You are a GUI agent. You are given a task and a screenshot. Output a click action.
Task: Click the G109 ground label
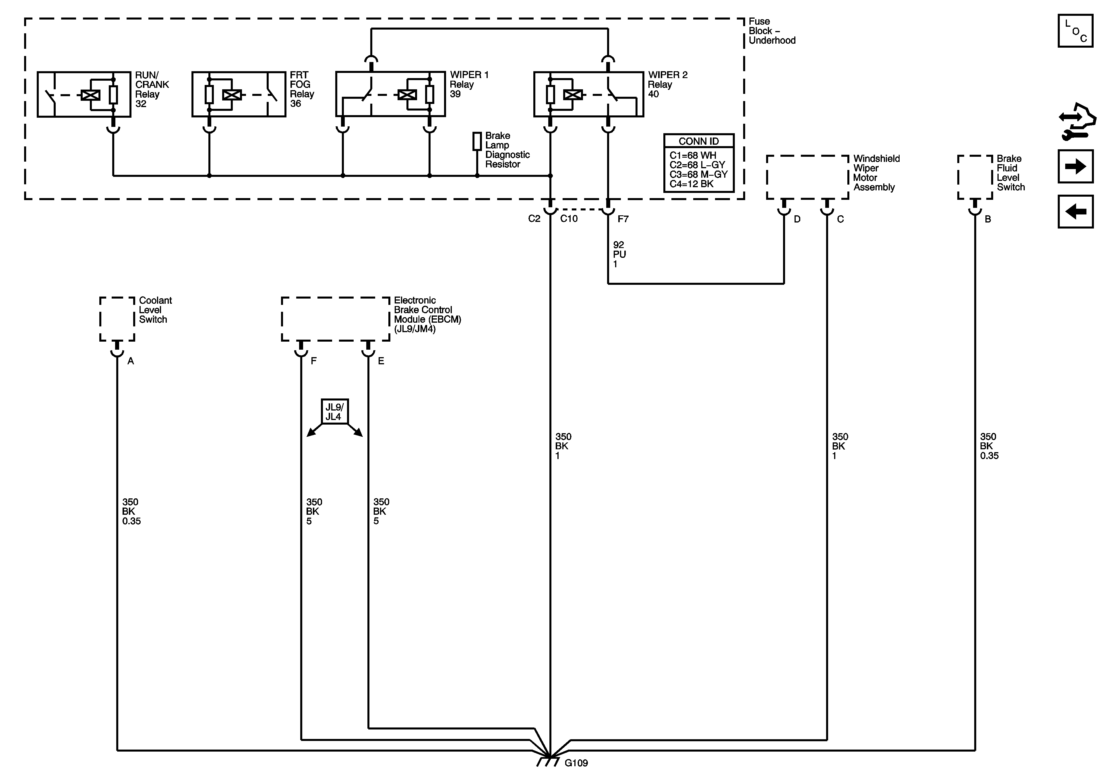[576, 763]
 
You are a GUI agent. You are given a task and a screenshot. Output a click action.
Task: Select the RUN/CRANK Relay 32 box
[84, 94]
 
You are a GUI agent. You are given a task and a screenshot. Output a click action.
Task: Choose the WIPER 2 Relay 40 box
[588, 94]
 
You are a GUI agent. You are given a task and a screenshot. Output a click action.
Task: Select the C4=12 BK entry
[691, 184]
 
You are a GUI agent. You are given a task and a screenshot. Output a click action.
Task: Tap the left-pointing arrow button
[1075, 211]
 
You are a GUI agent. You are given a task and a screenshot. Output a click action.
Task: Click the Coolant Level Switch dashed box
[117, 319]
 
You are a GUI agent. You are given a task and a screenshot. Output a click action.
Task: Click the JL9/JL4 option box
[334, 412]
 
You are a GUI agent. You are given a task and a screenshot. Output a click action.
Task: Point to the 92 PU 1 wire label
[619, 254]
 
